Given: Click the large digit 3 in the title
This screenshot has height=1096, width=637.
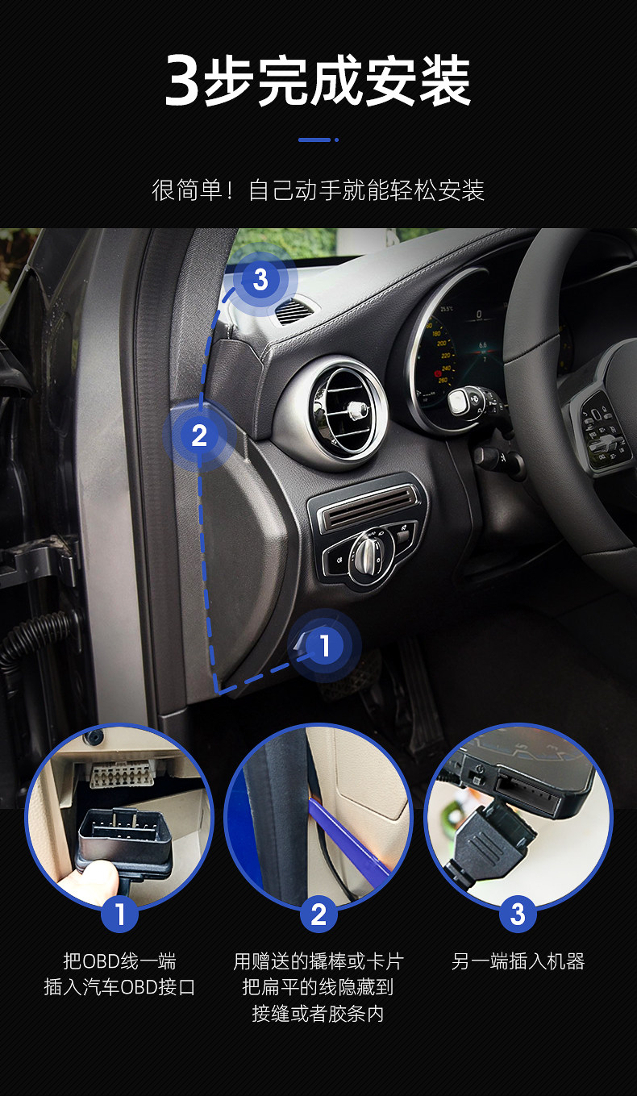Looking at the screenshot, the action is [x=182, y=80].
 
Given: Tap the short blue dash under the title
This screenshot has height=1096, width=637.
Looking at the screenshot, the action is [x=314, y=140].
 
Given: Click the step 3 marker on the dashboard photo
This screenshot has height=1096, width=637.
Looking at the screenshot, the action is [x=260, y=279].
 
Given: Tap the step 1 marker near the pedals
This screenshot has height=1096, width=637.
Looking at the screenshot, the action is [x=325, y=645].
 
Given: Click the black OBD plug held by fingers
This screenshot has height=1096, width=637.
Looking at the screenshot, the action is [x=124, y=842].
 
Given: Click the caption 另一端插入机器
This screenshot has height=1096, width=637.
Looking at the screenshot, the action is [x=518, y=961].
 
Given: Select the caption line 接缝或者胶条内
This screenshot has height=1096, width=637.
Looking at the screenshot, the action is [x=318, y=1013].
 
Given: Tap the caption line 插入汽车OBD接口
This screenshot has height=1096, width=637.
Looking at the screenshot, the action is [x=119, y=987].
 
